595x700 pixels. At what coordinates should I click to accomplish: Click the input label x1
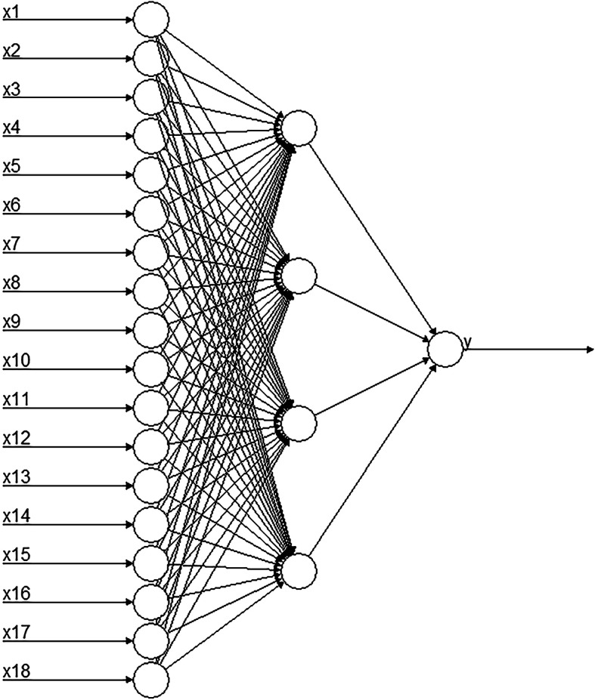coord(11,13)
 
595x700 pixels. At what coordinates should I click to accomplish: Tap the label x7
coord(11,245)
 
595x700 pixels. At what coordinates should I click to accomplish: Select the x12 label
coord(15,439)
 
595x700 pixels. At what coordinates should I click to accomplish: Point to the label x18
coord(15,671)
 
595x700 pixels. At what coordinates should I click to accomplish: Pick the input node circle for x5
coord(150,175)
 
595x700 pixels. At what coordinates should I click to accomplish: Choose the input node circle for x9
coord(150,330)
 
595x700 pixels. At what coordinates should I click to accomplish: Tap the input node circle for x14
coord(150,524)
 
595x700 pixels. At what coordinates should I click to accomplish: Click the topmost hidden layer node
coord(299,129)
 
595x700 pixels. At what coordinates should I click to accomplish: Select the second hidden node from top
coord(299,276)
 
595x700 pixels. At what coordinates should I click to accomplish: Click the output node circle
coord(445,349)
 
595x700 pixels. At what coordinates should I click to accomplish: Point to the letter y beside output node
coord(467,342)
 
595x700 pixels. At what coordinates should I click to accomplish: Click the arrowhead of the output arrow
coord(588,350)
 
